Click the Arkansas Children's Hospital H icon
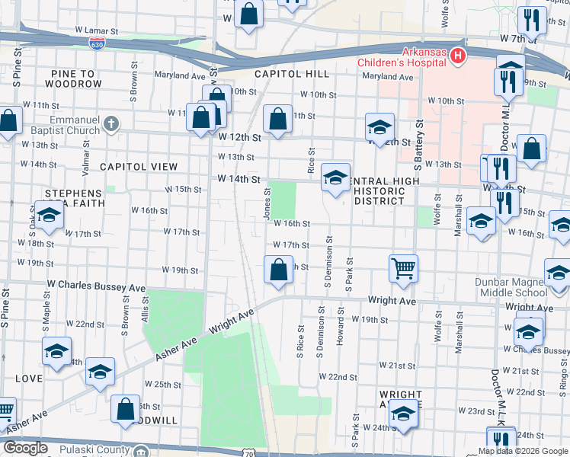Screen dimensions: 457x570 [457, 56]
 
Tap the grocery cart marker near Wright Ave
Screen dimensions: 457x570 [403, 267]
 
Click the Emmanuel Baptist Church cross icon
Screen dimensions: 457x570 [111, 123]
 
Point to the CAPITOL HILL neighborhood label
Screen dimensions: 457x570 [292, 74]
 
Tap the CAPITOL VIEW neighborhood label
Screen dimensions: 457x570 [139, 167]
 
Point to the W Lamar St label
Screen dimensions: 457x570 [97, 31]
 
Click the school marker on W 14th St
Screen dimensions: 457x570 [335, 177]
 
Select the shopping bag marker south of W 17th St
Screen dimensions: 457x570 [278, 269]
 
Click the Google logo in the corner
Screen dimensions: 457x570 [26, 448]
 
